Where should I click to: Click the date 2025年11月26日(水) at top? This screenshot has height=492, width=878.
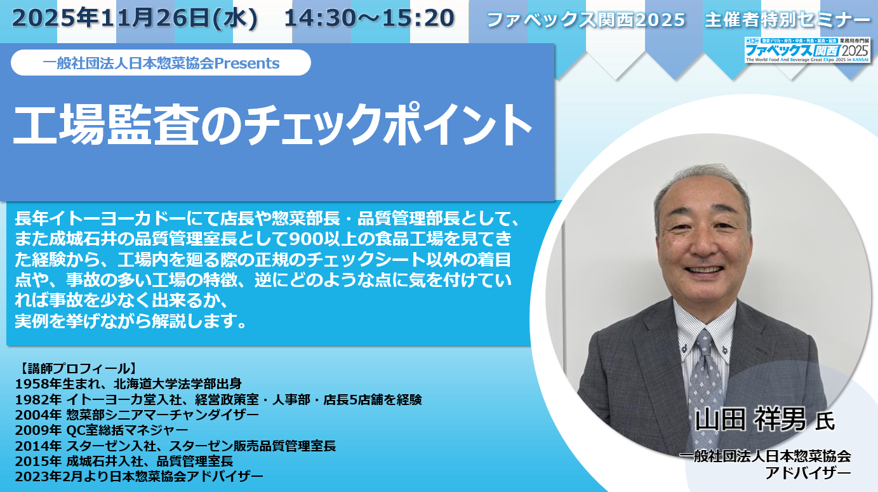pyautogui.click(x=135, y=18)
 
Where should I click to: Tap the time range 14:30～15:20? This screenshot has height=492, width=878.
pyautogui.click(x=369, y=18)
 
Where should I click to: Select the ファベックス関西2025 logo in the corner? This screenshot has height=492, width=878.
pyautogui.click(x=807, y=50)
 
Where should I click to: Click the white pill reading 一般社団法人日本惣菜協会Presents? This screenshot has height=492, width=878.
pyautogui.click(x=161, y=63)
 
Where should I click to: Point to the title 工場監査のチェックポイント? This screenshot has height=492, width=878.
pyautogui.click(x=272, y=124)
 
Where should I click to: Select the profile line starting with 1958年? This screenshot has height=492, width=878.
pyautogui.click(x=128, y=384)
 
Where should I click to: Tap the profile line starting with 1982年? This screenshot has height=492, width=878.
pyautogui.click(x=218, y=399)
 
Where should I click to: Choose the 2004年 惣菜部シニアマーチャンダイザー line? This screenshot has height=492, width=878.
pyautogui.click(x=136, y=415)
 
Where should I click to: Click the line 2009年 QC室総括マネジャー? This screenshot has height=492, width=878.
pyautogui.click(x=102, y=430)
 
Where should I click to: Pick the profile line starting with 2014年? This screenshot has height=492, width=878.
pyautogui.click(x=175, y=446)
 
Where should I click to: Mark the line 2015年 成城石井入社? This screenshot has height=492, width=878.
pyautogui.click(x=124, y=461)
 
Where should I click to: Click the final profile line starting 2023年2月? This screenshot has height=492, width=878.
pyautogui.click(x=139, y=477)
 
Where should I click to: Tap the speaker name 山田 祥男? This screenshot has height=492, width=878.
pyautogui.click(x=750, y=419)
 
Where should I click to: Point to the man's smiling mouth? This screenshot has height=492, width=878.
pyautogui.click(x=704, y=269)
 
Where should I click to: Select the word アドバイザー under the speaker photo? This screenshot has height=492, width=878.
pyautogui.click(x=809, y=473)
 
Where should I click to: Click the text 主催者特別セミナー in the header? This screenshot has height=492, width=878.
pyautogui.click(x=788, y=20)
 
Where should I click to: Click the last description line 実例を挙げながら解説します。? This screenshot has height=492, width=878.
pyautogui.click(x=131, y=321)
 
